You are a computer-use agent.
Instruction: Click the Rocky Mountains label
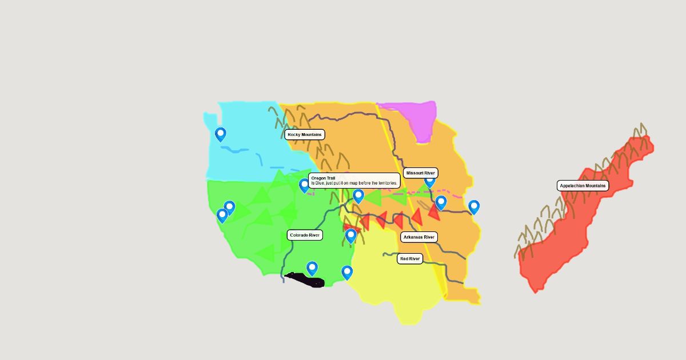[305, 135]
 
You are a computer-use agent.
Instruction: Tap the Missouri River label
[420, 173]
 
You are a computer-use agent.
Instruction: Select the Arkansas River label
[418, 237]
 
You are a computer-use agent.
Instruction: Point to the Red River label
[410, 259]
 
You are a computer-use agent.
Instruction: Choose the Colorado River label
[305, 235]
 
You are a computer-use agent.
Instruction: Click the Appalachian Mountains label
[583, 186]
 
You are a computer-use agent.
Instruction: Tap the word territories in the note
[386, 183]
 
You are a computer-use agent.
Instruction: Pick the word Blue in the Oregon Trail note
[322, 183]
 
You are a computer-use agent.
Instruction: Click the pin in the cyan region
[220, 134]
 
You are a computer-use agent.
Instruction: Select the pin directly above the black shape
[312, 268]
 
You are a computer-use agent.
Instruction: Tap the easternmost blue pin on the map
[473, 207]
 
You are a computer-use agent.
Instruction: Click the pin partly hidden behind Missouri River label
[429, 182]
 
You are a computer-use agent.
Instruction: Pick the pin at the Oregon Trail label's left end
[304, 185]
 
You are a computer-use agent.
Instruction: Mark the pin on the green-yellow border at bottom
[347, 272]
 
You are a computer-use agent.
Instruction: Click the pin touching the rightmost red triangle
[441, 202]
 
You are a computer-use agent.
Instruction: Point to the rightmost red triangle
[433, 213]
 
